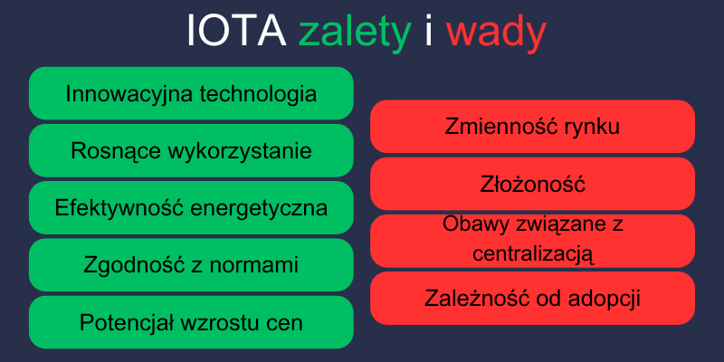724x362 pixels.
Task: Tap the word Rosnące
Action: [114, 151]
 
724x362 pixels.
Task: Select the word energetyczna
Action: [262, 208]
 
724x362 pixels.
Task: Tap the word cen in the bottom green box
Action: [284, 322]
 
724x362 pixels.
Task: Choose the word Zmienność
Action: [500, 127]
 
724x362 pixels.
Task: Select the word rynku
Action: [590, 127]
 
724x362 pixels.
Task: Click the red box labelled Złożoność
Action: [532, 184]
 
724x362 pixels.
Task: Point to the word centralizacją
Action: [532, 252]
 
